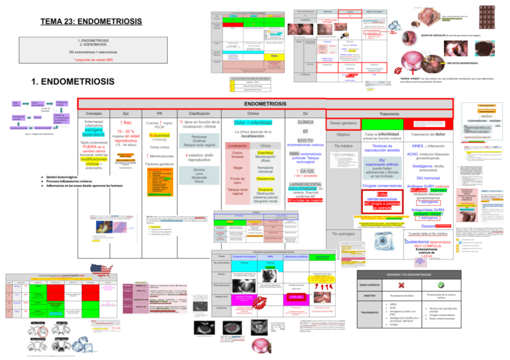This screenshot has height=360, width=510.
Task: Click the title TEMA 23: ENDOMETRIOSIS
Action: point(90,22)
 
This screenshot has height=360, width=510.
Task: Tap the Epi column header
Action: point(126,113)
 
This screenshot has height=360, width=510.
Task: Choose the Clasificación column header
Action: point(199,113)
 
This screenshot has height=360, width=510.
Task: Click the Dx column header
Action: point(305,113)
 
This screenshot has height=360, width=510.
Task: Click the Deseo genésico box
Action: point(343,124)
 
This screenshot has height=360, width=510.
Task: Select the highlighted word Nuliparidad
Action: point(159,135)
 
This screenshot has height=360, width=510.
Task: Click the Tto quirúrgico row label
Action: point(343,233)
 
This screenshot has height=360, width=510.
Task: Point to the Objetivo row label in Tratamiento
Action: point(343,135)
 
